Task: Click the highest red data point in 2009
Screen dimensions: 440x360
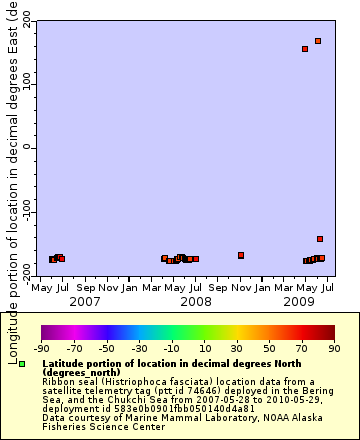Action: pos(318,41)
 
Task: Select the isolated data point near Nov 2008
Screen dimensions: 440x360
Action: pos(241,255)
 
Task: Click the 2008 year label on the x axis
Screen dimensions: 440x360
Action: pos(194,301)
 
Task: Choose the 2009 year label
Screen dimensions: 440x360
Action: pos(299,301)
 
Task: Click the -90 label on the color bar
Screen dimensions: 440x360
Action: pos(42,349)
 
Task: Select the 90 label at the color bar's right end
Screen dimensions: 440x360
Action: pos(334,349)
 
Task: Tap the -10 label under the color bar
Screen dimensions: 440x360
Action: pos(172,349)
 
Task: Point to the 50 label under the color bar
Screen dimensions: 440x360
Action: pos(269,349)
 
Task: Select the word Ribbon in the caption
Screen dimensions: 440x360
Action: pos(58,381)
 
